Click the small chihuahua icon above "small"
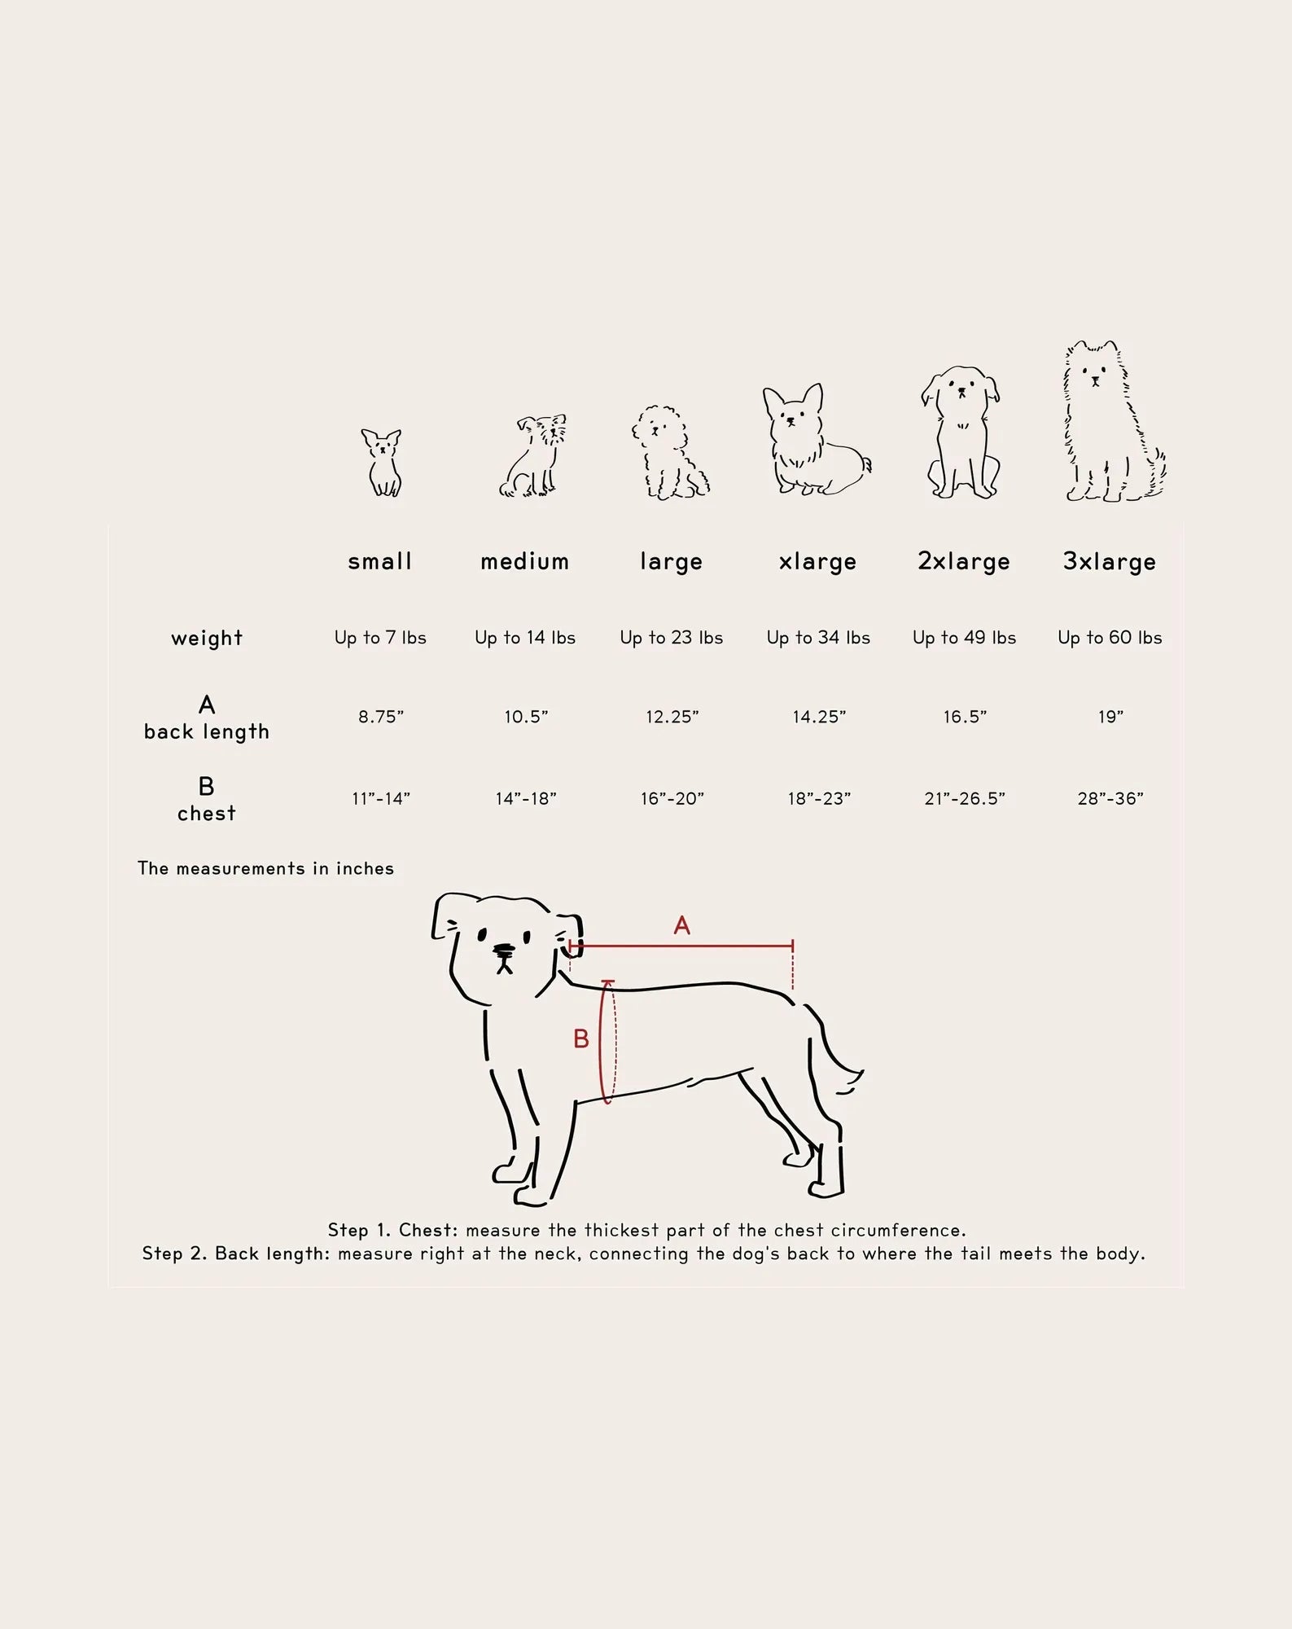coord(381,463)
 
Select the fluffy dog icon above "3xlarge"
coord(1113,421)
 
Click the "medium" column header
coord(524,561)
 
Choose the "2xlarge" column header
coord(964,562)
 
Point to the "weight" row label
coord(207,638)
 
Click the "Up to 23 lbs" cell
coord(672,638)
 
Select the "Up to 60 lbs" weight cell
coord(1110,638)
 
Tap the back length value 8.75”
coord(381,717)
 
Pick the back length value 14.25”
coord(819,717)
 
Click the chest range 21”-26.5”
coord(965,798)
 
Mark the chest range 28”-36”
coord(1110,798)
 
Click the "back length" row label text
coord(207,732)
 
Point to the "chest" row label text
coord(207,813)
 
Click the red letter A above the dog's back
coord(682,925)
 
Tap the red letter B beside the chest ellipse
coord(580,1038)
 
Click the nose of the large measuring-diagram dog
coord(504,949)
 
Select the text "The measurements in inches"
coord(265,868)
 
